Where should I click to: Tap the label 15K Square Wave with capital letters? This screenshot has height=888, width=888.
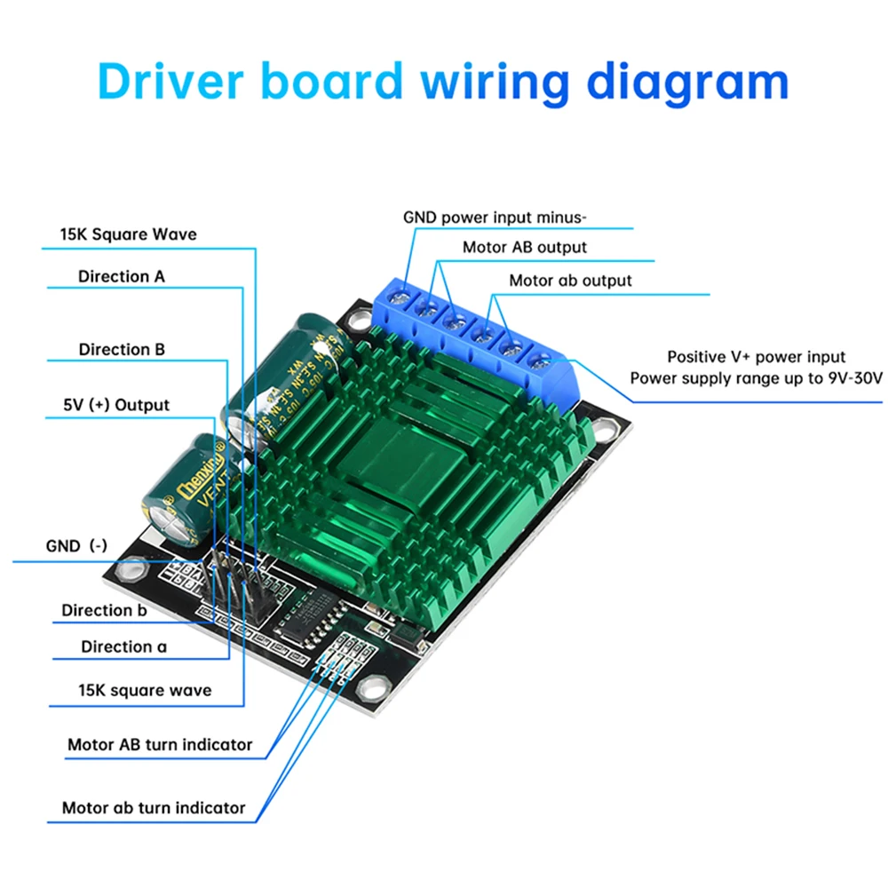coord(129,234)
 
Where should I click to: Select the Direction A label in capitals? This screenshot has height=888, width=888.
coord(122,276)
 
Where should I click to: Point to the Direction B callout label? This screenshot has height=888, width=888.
coord(122,349)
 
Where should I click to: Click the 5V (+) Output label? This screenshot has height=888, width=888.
coord(116,405)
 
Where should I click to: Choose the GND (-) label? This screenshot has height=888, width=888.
coord(76,545)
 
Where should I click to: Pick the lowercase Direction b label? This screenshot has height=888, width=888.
coord(104,610)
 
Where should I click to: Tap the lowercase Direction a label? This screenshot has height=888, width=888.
coord(123,646)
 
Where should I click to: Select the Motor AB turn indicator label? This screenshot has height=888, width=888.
coord(160,744)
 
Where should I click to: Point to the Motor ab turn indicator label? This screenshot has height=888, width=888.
coord(154,808)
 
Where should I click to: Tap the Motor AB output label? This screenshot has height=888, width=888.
coord(525,248)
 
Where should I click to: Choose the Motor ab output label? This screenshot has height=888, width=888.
coord(570,281)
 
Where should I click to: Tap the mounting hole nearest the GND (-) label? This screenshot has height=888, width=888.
coord(134,564)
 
